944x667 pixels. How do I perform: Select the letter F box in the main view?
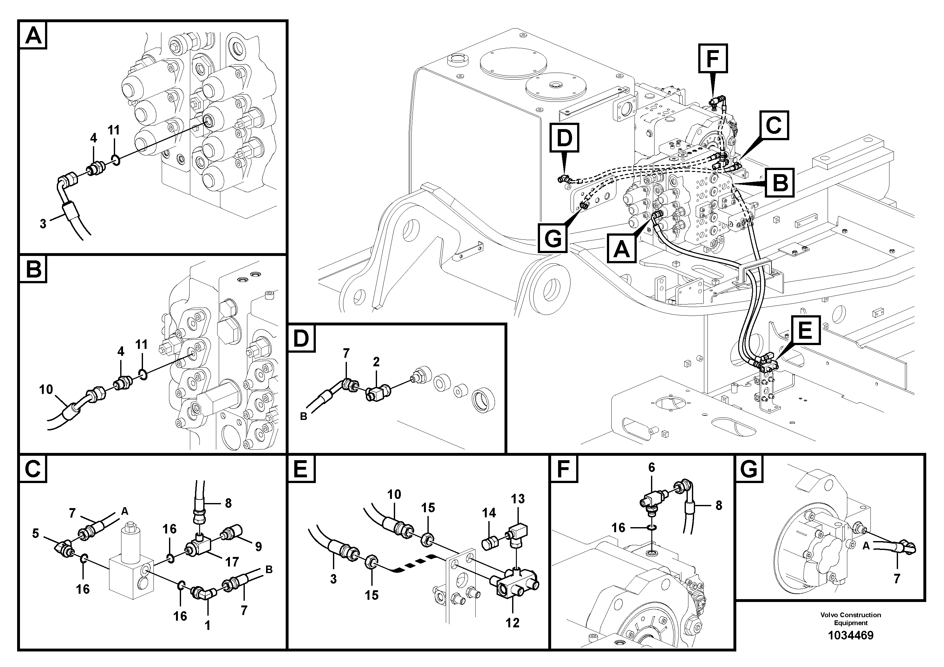pos(712,58)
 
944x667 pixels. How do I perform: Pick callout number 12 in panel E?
pos(512,623)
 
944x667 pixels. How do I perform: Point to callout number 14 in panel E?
pos(489,513)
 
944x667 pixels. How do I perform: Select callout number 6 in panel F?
pos(651,468)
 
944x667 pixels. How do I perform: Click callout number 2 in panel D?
pos(376,362)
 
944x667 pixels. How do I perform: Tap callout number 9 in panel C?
pos(258,546)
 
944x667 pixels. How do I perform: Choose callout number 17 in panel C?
pos(232,562)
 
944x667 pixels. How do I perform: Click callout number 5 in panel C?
pos(36,533)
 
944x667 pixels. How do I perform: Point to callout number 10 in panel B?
pos(46,389)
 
